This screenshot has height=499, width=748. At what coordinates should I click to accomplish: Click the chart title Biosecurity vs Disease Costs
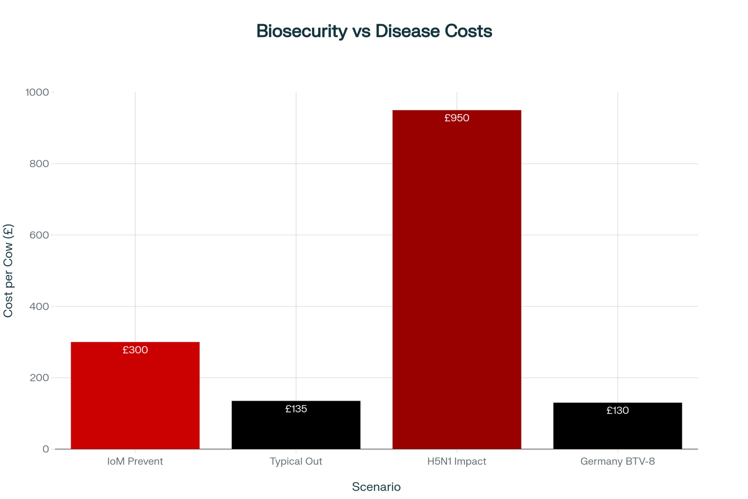click(374, 31)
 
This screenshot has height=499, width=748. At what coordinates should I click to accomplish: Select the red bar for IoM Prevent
click(135, 401)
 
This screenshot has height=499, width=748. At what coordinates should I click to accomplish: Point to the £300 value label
click(135, 350)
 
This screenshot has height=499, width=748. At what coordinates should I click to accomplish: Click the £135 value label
click(296, 409)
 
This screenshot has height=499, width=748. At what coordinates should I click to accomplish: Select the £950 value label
click(457, 118)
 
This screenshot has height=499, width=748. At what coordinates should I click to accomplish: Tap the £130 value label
click(617, 411)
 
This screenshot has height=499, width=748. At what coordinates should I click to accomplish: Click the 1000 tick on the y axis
click(37, 92)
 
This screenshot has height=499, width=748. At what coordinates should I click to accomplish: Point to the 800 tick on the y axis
click(39, 164)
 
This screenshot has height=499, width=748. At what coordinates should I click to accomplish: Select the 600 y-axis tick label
click(39, 235)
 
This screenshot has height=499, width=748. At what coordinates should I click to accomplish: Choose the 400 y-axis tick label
click(39, 306)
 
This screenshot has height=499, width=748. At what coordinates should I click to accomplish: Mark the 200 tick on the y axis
click(39, 378)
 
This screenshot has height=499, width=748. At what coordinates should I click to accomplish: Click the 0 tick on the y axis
click(46, 449)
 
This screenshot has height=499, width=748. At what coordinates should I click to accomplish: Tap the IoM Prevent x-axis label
click(135, 461)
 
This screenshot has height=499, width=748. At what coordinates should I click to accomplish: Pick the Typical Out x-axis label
click(296, 461)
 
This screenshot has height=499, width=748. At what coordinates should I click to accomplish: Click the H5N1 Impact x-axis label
click(457, 461)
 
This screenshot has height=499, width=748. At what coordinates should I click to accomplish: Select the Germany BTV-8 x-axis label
click(617, 461)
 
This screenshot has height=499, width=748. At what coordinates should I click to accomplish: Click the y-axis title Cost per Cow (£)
click(8, 270)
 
